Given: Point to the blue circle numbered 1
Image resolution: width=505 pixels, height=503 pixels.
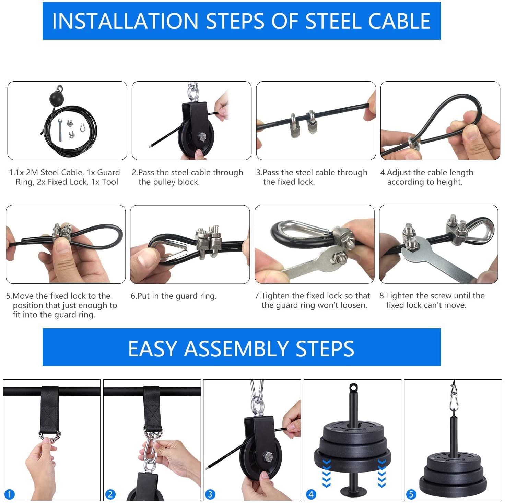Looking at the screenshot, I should coord(9,494).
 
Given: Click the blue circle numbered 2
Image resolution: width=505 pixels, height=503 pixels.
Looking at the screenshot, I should coord(110,494).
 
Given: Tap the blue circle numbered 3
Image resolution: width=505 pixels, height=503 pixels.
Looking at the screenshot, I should coord(210,494).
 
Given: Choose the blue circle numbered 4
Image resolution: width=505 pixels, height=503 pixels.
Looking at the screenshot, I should coord(311,494).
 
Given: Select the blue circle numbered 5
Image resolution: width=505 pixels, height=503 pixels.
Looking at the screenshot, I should coord(411,494).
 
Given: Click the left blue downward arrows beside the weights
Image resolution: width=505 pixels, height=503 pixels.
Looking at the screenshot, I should coord(326,473).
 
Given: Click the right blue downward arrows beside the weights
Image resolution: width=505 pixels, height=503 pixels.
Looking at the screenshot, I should coord(381,473).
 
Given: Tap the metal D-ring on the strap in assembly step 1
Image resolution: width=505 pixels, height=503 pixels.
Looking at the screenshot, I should coord(50,435).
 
